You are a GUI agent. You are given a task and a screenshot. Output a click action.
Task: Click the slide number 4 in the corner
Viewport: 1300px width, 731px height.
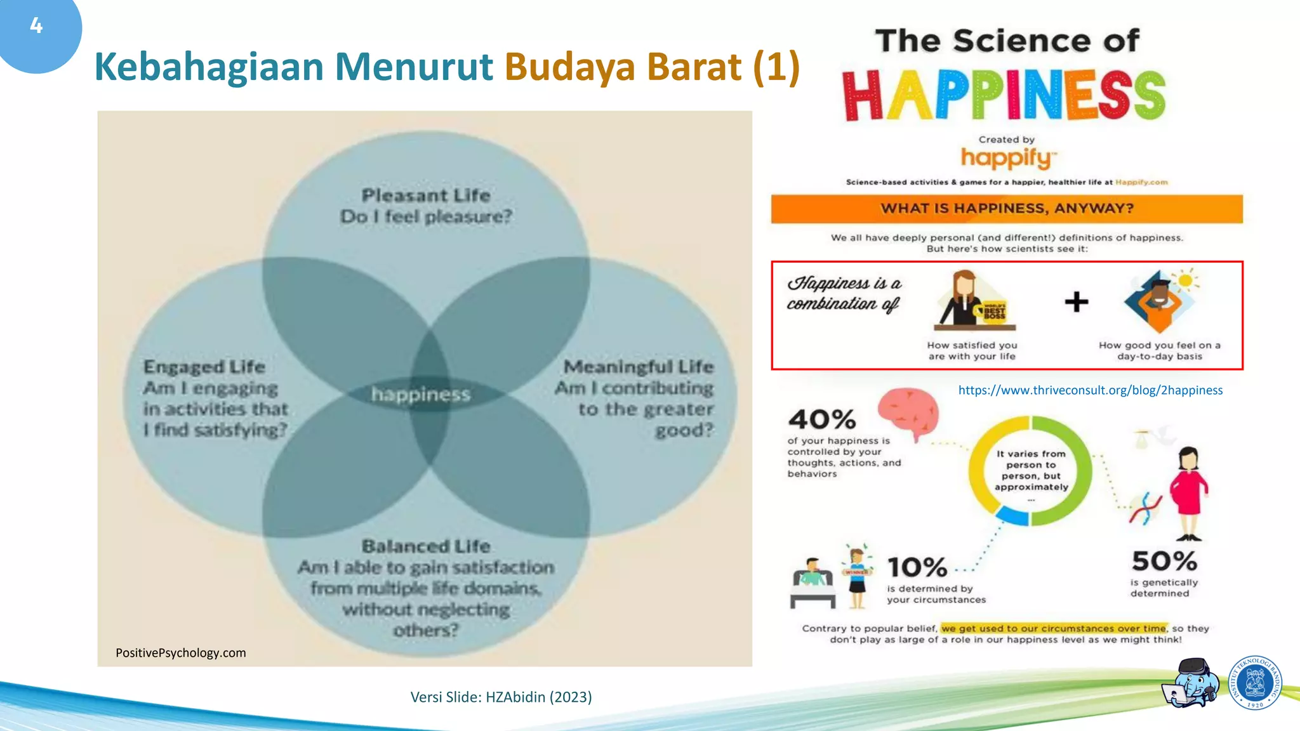tap(36, 26)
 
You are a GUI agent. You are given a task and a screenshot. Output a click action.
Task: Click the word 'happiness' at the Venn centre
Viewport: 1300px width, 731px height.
tap(421, 395)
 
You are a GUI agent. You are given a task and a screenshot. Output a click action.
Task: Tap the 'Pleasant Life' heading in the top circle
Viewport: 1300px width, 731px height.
tap(426, 195)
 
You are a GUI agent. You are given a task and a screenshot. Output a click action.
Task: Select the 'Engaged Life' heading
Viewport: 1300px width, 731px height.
tap(204, 367)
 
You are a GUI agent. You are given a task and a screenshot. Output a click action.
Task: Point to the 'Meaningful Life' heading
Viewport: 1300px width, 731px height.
tap(639, 367)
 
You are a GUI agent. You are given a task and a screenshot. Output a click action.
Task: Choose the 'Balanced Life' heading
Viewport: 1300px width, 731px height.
tap(426, 546)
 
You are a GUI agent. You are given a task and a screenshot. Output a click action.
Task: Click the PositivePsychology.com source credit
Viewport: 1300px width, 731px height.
tap(181, 653)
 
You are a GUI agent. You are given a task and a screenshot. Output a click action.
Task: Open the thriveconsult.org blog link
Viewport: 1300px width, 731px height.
tap(1090, 390)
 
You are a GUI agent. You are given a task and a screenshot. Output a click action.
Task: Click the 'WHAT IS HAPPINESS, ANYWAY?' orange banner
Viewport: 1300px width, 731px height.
tap(1007, 209)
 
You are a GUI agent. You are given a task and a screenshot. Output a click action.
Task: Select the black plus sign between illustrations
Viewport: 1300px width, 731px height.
tap(1077, 302)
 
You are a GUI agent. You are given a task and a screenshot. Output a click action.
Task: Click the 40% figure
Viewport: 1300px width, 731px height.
tap(822, 419)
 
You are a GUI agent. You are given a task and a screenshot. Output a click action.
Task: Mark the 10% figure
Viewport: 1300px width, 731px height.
tap(917, 567)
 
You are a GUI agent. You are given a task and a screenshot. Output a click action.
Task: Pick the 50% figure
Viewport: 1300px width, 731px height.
tap(1164, 561)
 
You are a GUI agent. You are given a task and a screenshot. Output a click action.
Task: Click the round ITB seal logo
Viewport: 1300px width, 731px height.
tap(1255, 683)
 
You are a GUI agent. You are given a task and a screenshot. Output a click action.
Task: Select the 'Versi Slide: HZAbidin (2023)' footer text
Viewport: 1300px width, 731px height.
tap(501, 697)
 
